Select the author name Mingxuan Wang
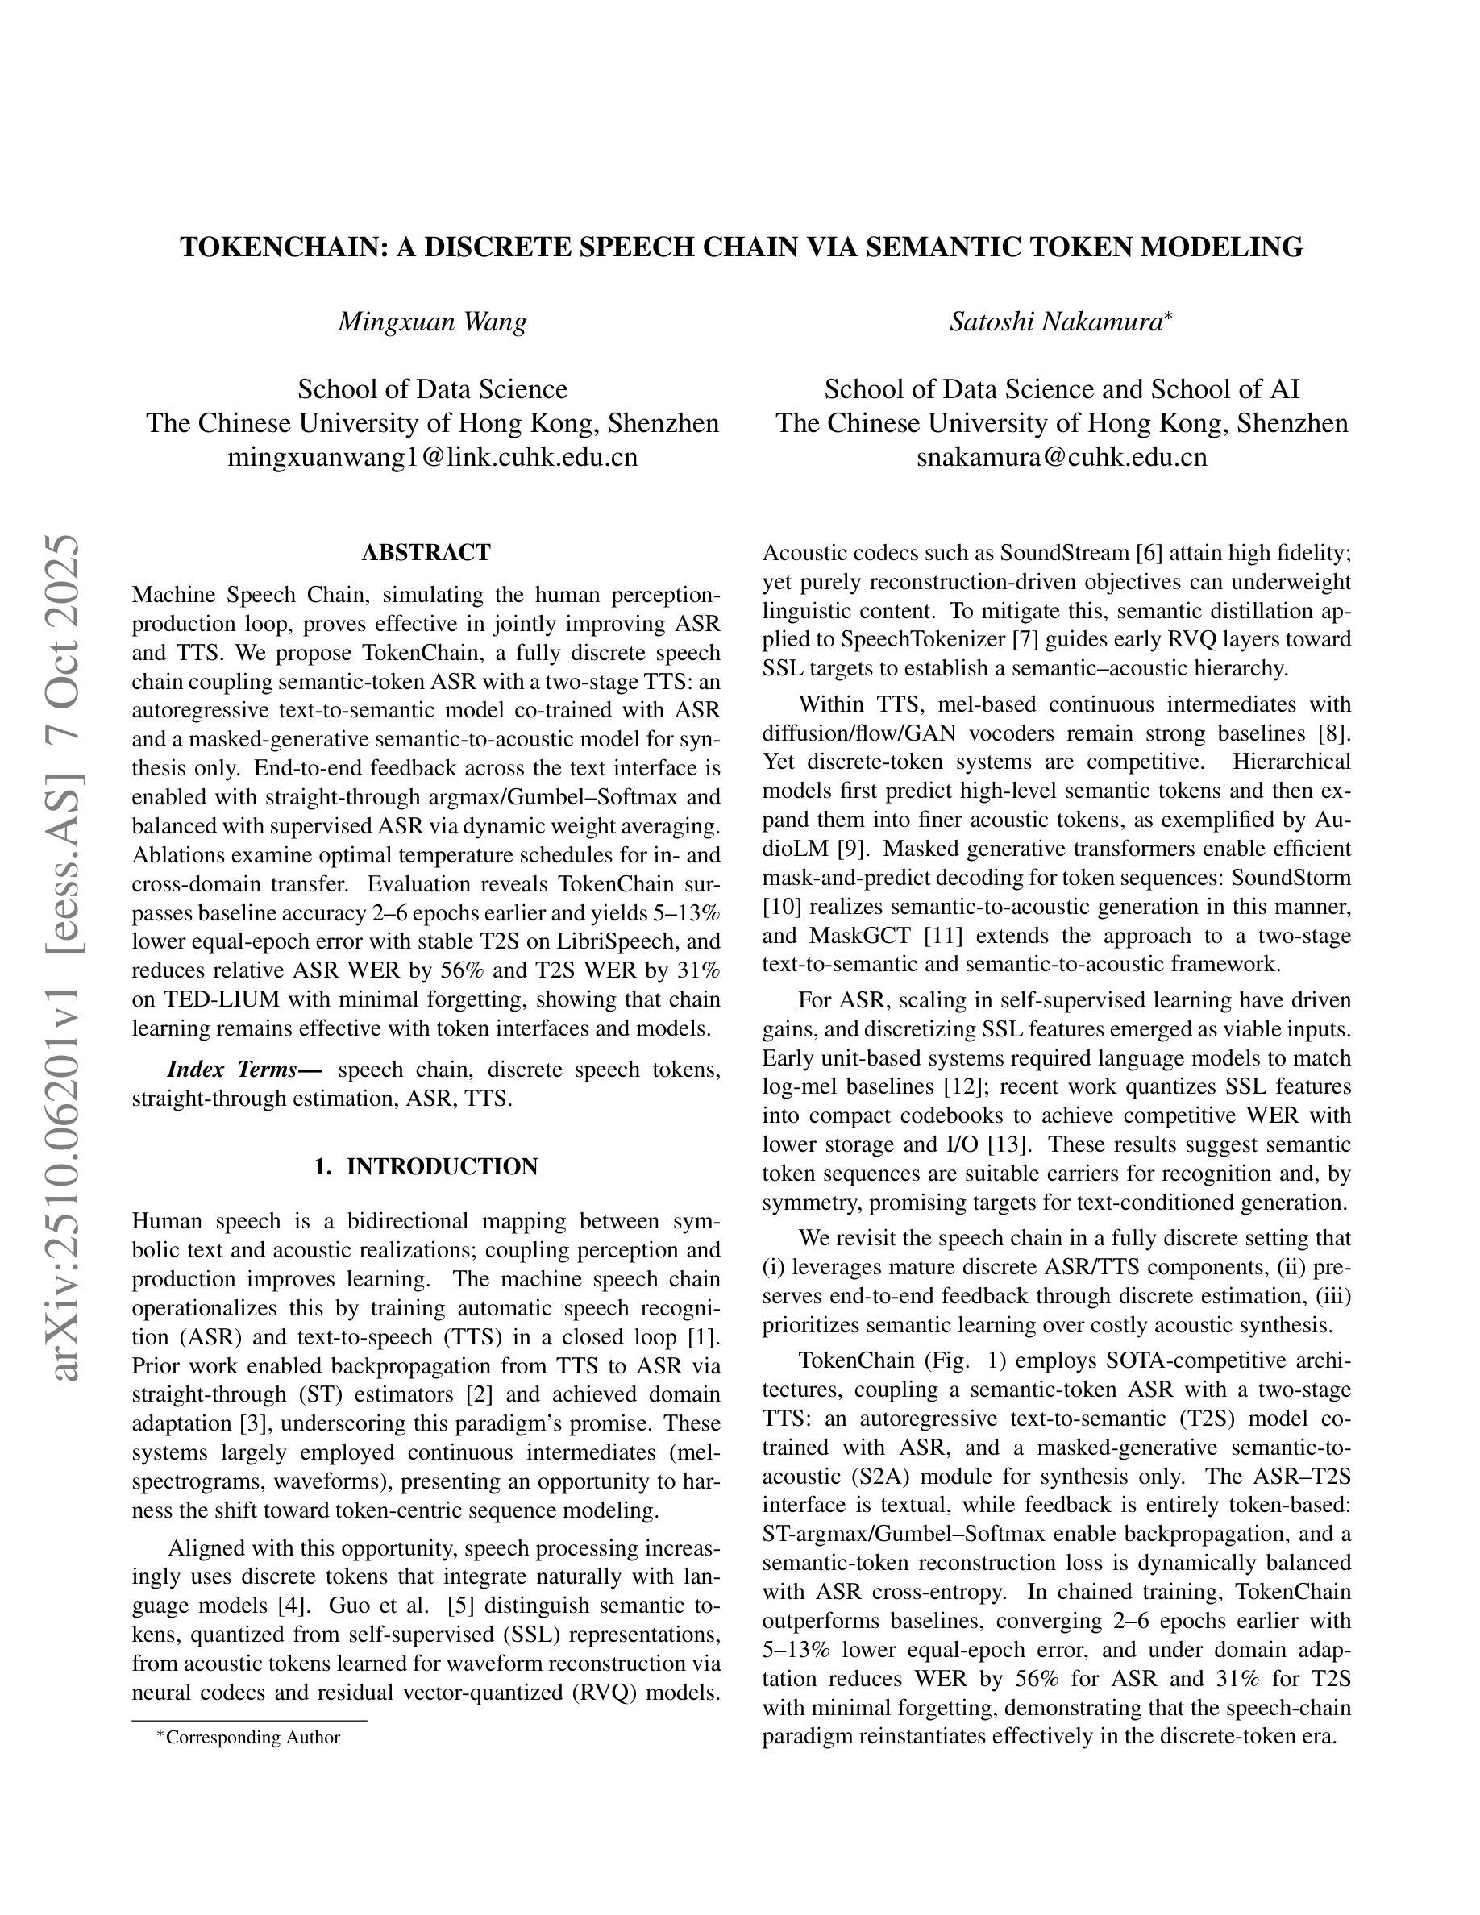[432, 322]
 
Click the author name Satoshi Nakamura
[1056, 322]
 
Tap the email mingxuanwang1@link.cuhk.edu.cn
[432, 457]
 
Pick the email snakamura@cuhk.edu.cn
[1062, 457]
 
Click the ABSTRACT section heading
[426, 552]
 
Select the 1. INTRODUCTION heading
[426, 1166]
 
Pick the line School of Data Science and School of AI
[1062, 389]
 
